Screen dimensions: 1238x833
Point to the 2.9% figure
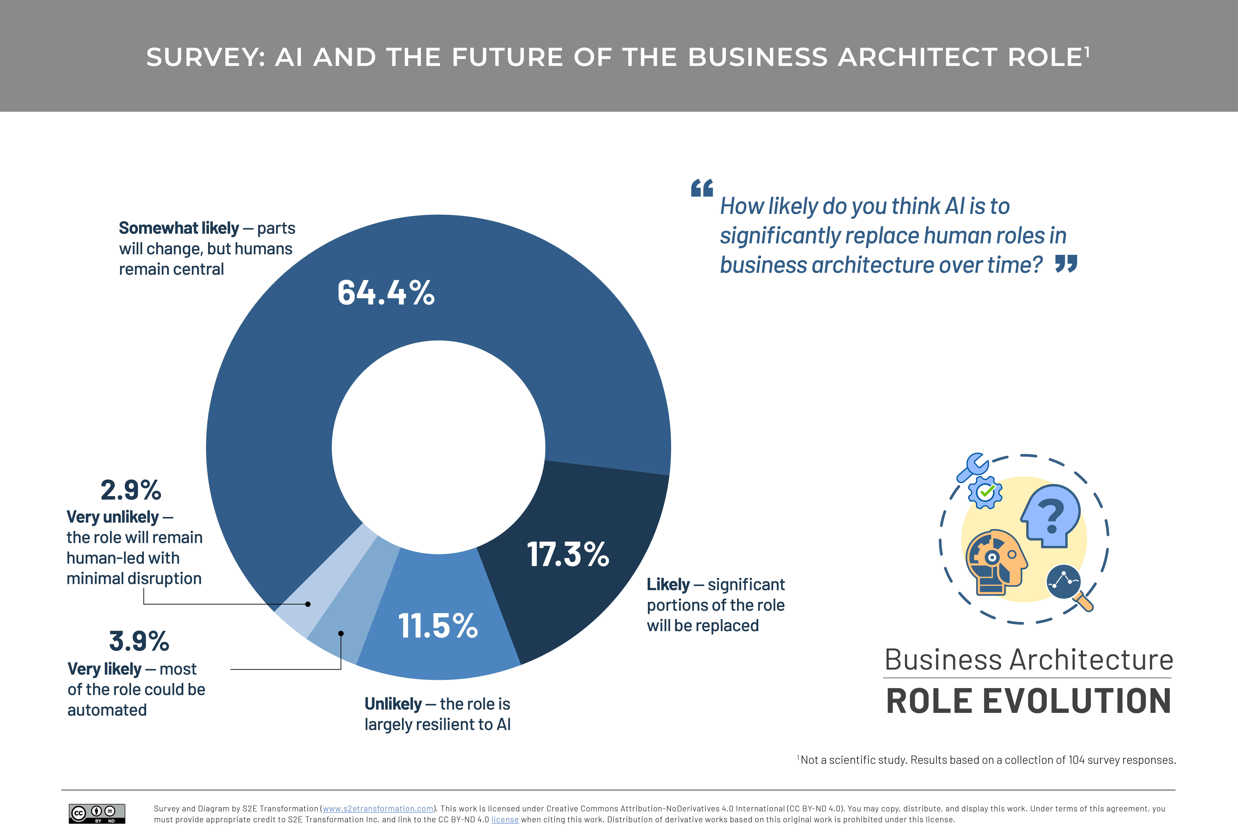click(131, 490)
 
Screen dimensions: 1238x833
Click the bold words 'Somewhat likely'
click(179, 228)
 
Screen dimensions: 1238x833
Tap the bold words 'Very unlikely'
click(113, 517)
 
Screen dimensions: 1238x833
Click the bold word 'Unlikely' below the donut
click(393, 704)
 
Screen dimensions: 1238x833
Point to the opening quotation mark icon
click(702, 187)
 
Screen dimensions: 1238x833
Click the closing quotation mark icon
click(1066, 263)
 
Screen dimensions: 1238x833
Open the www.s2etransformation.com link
click(378, 809)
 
